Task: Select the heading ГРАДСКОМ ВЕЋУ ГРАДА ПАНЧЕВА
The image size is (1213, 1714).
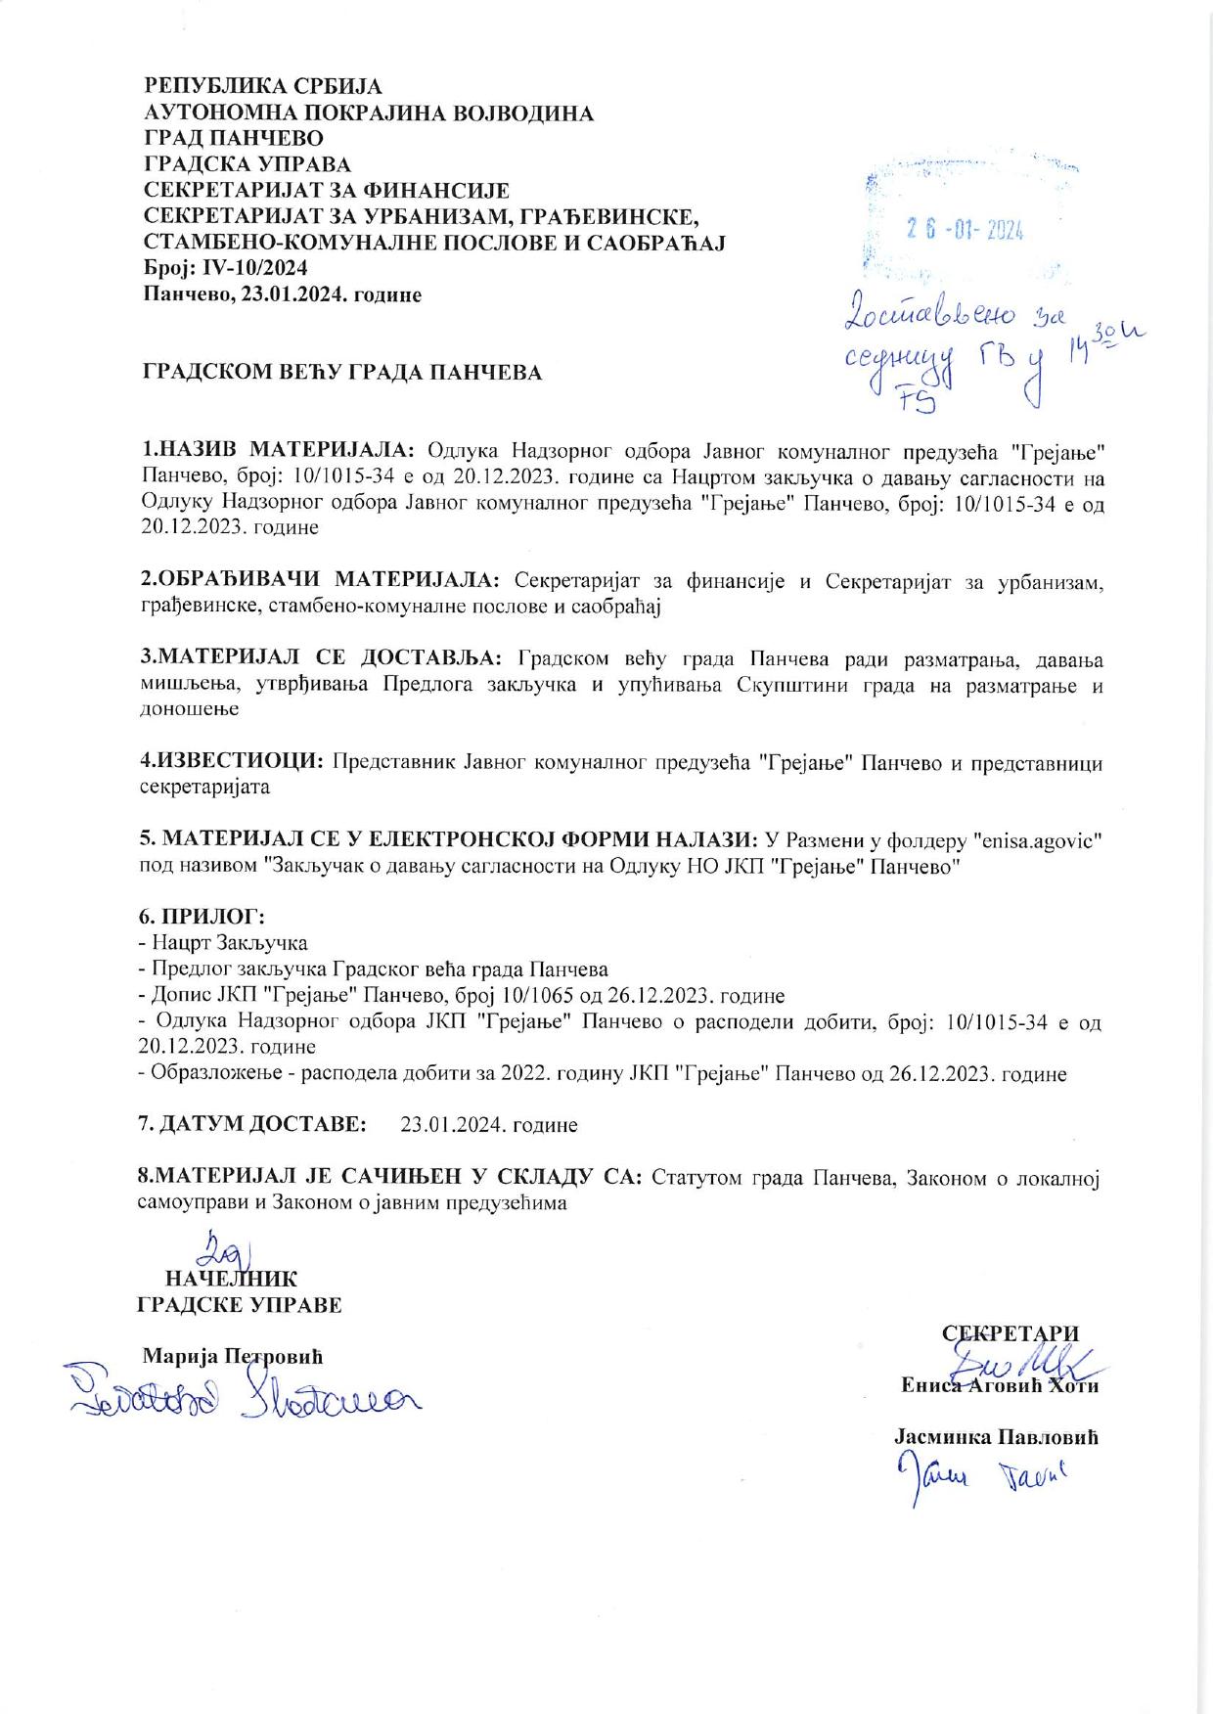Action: click(342, 373)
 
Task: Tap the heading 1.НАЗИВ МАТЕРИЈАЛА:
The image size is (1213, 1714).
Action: click(279, 450)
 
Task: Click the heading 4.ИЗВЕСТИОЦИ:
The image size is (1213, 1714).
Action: click(231, 761)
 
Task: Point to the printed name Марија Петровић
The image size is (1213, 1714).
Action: click(233, 1357)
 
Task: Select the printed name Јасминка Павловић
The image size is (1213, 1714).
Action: click(996, 1437)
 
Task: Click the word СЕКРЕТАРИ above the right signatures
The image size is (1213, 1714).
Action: click(1010, 1333)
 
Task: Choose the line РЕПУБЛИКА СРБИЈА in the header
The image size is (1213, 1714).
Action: click(263, 87)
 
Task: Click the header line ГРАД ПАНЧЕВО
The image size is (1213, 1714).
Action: click(234, 138)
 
